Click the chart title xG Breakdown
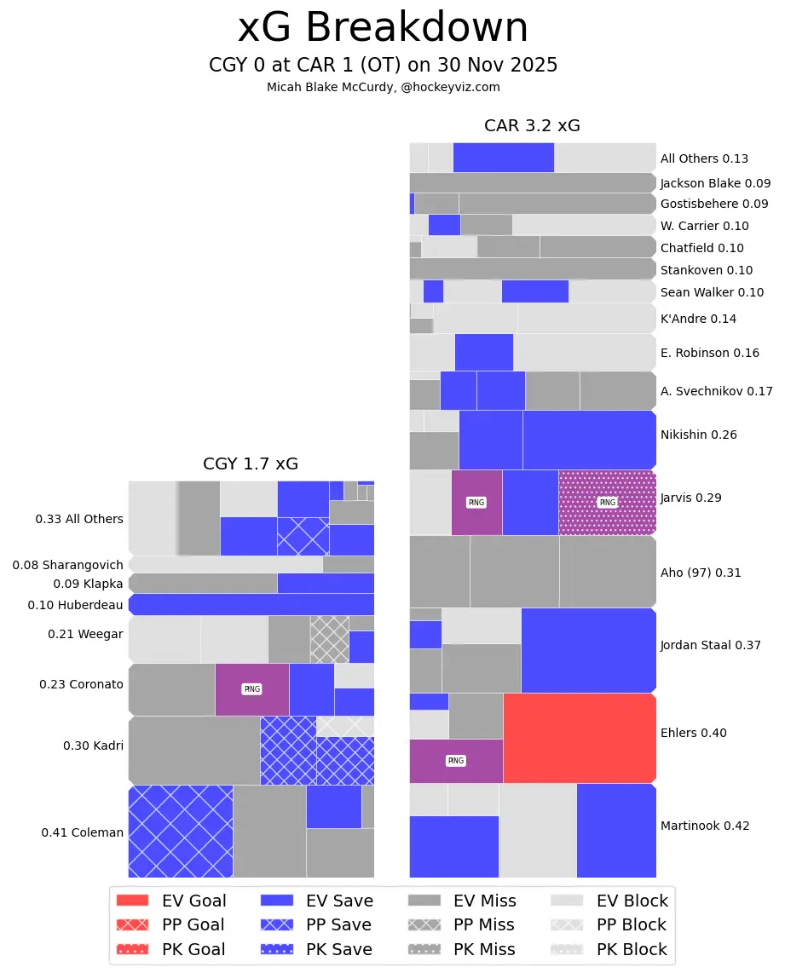[x=383, y=28]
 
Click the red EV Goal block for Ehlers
[x=580, y=737]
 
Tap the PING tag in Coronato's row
[x=251, y=688]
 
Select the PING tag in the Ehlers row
[x=456, y=760]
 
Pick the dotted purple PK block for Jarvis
[x=607, y=503]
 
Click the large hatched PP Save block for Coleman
[x=180, y=831]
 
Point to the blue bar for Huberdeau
[x=251, y=605]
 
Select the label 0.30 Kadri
[x=93, y=746]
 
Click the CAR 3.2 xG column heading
[x=532, y=126]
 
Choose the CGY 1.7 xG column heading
[x=251, y=464]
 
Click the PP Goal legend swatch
[x=132, y=924]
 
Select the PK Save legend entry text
[x=338, y=949]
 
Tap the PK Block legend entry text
[x=631, y=949]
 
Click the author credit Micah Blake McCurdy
[x=383, y=87]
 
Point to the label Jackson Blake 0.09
[x=715, y=183]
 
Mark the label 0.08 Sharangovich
[x=67, y=565]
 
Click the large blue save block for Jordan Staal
[x=588, y=649]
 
